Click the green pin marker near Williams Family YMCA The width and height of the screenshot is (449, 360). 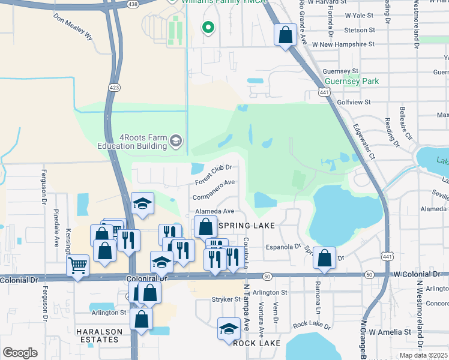(208, 27)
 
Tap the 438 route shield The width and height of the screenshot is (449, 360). (133, 4)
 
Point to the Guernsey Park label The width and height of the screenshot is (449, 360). (351, 81)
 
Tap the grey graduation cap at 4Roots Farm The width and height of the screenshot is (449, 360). (175, 141)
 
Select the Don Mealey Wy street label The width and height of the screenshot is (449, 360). (74, 28)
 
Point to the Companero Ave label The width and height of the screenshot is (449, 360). (212, 190)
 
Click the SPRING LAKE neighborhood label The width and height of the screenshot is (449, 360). (246, 225)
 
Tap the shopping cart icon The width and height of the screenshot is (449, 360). (77, 265)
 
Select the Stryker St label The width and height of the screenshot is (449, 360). (225, 299)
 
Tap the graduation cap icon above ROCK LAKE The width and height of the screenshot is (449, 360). (228, 329)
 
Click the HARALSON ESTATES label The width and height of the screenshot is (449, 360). (99, 335)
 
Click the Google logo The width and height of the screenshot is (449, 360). (20, 353)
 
